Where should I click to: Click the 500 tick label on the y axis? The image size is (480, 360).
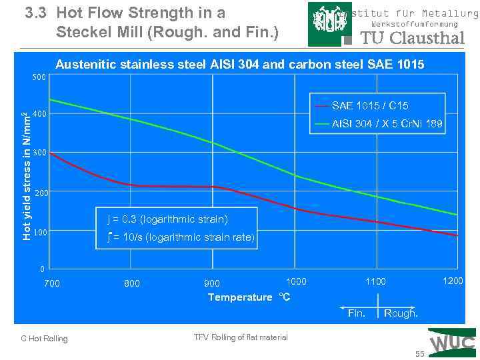[39, 78]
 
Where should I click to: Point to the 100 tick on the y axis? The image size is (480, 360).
[39, 233]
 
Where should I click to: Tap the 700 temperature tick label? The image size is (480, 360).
[51, 283]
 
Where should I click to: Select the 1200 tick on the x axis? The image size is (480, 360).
[453, 281]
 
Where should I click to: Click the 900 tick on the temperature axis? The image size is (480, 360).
[212, 283]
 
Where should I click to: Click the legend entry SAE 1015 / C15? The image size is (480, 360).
[370, 106]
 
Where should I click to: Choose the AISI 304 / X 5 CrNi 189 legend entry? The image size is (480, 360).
[387, 124]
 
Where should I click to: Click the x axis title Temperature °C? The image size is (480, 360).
[249, 297]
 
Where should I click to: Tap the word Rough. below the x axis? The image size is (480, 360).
[401, 313]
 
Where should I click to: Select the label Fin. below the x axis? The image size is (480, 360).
[357, 313]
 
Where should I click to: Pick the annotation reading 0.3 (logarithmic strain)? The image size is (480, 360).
[167, 219]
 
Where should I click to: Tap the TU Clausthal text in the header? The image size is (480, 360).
[412, 38]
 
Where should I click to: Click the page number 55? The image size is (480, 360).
[420, 353]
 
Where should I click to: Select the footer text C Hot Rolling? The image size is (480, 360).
[45, 339]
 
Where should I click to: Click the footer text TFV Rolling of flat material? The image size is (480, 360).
[241, 337]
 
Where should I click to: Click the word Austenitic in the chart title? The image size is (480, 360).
[83, 65]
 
